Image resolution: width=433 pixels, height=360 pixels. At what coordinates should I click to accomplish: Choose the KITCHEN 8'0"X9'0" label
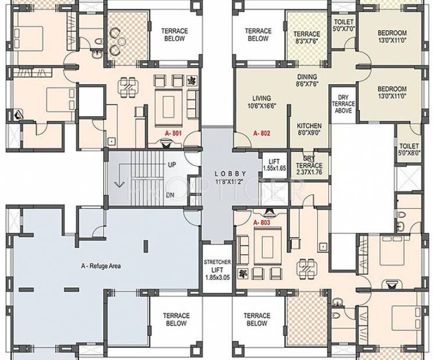[309, 130]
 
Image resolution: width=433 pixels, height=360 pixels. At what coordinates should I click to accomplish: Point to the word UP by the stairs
[171, 165]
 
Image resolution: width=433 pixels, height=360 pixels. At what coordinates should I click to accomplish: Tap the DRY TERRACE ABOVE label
[343, 103]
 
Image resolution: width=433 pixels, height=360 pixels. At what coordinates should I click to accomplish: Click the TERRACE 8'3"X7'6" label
[306, 38]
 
